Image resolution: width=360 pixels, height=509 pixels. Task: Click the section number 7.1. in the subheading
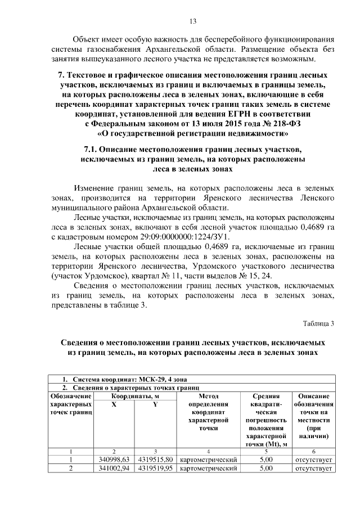pyautogui.click(x=92, y=149)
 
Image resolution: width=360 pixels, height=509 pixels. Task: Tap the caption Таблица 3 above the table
pyautogui.click(x=318, y=323)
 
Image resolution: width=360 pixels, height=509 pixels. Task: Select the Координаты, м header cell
pyautogui.click(x=134, y=397)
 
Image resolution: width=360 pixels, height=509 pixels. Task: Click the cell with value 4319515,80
pyautogui.click(x=155, y=460)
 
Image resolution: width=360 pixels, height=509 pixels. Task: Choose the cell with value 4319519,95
pyautogui.click(x=155, y=468)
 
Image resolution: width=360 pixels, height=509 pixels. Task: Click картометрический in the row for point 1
pyautogui.click(x=208, y=460)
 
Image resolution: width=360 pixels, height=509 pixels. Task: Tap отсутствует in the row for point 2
pyautogui.click(x=313, y=468)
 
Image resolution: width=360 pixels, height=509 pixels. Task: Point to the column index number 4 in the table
pyautogui.click(x=208, y=451)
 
